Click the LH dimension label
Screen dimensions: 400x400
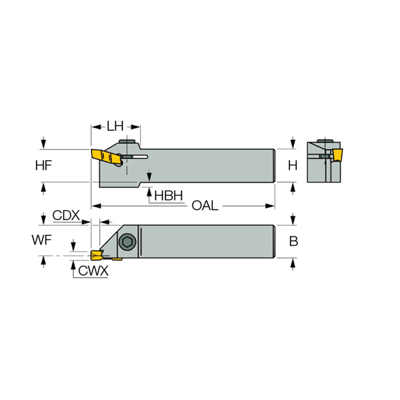[x=115, y=126]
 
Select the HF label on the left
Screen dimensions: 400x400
[x=44, y=165]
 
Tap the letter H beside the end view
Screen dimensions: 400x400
[x=293, y=165]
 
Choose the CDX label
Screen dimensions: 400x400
[x=66, y=215]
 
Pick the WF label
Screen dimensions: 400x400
[x=42, y=240]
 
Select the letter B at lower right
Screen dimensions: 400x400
[x=293, y=241]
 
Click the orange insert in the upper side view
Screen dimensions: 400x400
[x=106, y=156]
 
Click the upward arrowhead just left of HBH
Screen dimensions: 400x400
[x=148, y=189]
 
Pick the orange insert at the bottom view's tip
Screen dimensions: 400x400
[x=95, y=255]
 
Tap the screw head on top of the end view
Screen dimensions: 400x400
[x=327, y=139]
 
